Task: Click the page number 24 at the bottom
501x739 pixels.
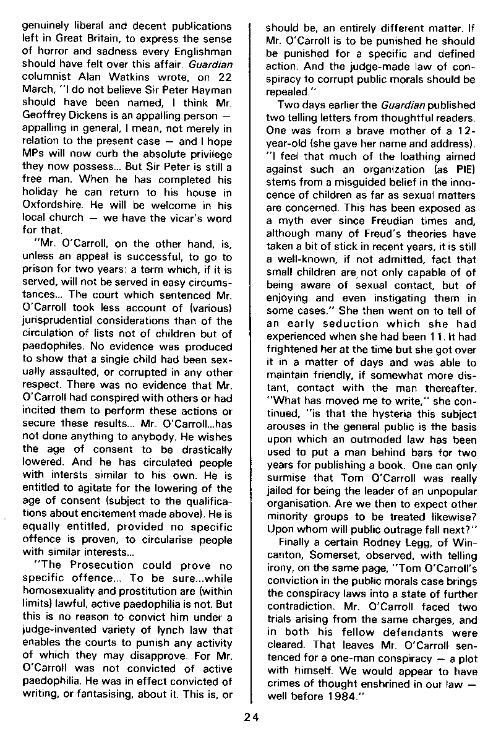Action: click(250, 718)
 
